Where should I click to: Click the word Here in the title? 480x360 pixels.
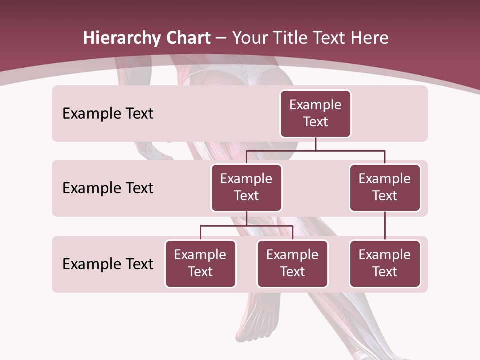tap(369, 38)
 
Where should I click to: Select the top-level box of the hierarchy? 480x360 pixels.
tap(315, 113)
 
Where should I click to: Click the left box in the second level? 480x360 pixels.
tap(246, 187)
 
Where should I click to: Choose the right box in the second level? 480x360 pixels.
tap(385, 187)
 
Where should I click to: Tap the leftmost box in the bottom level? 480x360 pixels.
tap(200, 263)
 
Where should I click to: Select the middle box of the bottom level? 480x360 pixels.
tap(292, 263)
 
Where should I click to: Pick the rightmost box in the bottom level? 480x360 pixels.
tap(385, 263)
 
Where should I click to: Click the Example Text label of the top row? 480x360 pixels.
tap(108, 113)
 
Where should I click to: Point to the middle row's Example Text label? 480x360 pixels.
tap(108, 188)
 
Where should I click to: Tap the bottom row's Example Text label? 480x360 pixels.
tap(108, 264)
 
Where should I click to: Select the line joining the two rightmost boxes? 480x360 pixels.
tap(385, 226)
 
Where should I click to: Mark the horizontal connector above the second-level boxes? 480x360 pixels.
tap(315, 150)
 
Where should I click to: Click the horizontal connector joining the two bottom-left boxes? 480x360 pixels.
tap(246, 226)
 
